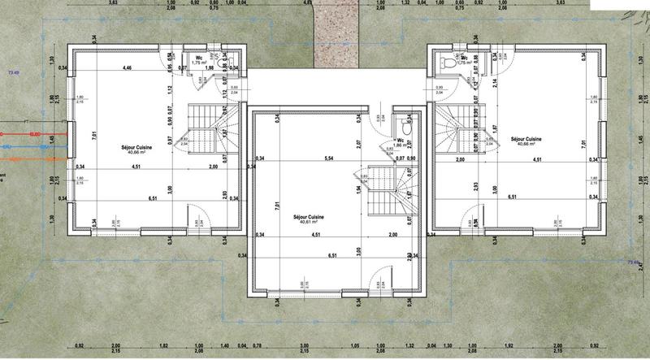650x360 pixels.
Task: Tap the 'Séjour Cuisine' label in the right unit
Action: click(x=526, y=139)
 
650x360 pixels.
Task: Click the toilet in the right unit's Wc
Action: click(x=444, y=62)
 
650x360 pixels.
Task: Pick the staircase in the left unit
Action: click(x=209, y=126)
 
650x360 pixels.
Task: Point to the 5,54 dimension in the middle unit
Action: click(x=328, y=158)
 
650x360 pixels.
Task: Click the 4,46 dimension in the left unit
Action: click(x=127, y=68)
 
